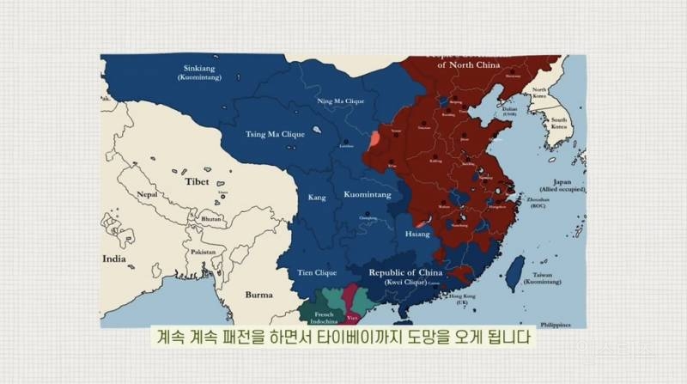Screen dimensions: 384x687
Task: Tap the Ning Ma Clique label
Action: tap(341, 101)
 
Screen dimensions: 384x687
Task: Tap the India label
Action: tap(113, 258)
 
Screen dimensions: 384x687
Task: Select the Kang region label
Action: tap(317, 198)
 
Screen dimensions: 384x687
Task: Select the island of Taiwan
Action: tap(514, 271)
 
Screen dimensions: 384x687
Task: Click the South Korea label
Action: tap(559, 123)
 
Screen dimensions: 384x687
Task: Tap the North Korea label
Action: tap(539, 92)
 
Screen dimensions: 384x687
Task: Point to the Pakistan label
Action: tap(203, 252)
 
